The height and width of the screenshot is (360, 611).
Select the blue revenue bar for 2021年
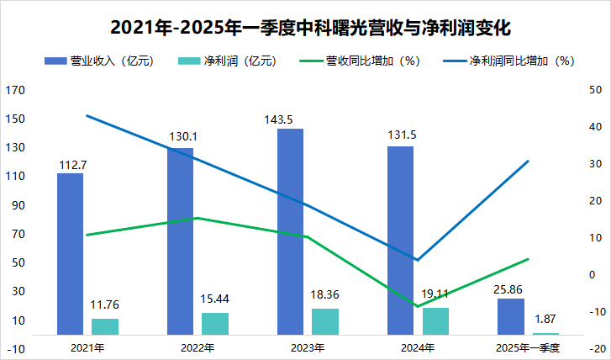click(x=70, y=253)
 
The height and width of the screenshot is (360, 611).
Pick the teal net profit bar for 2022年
click(x=215, y=324)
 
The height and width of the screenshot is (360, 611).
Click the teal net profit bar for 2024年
click(x=435, y=320)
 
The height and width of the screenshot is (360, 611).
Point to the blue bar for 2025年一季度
click(x=511, y=316)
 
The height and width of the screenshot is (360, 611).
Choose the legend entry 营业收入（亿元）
click(x=98, y=61)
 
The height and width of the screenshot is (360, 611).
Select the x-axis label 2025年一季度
click(x=528, y=347)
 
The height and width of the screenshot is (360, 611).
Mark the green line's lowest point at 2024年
click(x=418, y=306)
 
